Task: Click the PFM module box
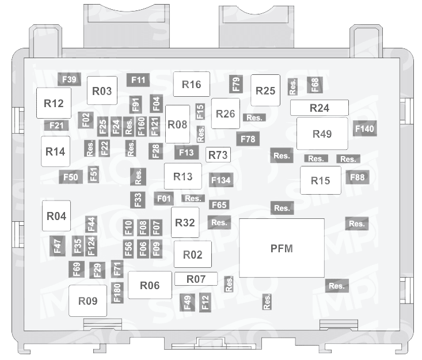pyautogui.click(x=282, y=248)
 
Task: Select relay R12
pyautogui.click(x=54, y=103)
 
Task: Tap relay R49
pyautogui.click(x=322, y=134)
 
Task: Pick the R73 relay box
pyautogui.click(x=218, y=155)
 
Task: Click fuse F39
pyautogui.click(x=69, y=79)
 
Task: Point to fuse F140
pyautogui.click(x=364, y=128)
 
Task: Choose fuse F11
pyautogui.click(x=138, y=80)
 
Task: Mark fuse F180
pyautogui.click(x=117, y=293)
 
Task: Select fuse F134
pyautogui.click(x=221, y=180)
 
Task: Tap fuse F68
pyautogui.click(x=314, y=85)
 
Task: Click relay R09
pyautogui.click(x=88, y=301)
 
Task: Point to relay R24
pyautogui.click(x=320, y=108)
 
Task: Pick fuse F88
pyautogui.click(x=358, y=177)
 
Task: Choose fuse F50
pyautogui.click(x=70, y=177)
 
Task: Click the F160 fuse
pyautogui.click(x=142, y=127)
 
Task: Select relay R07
pyautogui.click(x=196, y=279)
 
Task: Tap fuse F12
pyautogui.click(x=205, y=302)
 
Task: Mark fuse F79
pyautogui.click(x=236, y=84)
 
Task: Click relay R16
pyautogui.click(x=192, y=84)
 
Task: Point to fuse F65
pyautogui.click(x=219, y=205)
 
